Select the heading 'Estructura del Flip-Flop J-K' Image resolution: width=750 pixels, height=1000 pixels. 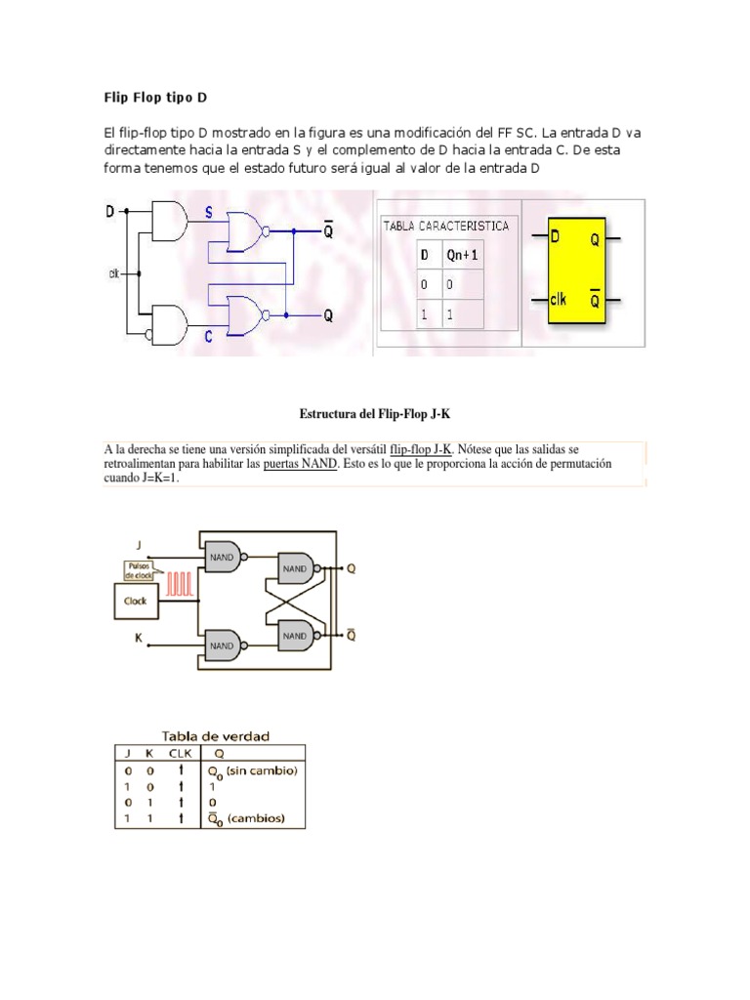pyautogui.click(x=375, y=414)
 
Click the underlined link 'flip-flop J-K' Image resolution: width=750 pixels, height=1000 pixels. pyautogui.click(x=421, y=449)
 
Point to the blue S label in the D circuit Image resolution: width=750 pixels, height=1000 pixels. pyautogui.click(x=208, y=212)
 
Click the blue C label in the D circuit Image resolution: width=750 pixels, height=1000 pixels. pyautogui.click(x=208, y=337)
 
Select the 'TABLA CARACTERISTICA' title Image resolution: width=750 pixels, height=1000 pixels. pyautogui.click(x=445, y=226)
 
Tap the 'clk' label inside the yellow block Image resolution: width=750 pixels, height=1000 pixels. pyautogui.click(x=558, y=300)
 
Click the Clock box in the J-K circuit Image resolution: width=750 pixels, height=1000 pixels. pyautogui.click(x=136, y=601)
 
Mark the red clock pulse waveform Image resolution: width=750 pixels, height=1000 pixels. pyautogui.click(x=182, y=584)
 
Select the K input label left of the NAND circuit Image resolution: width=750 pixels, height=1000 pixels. pyautogui.click(x=138, y=637)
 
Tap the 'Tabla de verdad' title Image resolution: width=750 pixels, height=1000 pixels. pyautogui.click(x=216, y=735)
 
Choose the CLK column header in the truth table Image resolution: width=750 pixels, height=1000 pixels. pyautogui.click(x=180, y=753)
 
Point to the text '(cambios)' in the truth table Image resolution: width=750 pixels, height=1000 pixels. pyautogui.click(x=255, y=818)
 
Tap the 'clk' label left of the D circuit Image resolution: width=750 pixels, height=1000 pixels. pyautogui.click(x=113, y=273)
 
